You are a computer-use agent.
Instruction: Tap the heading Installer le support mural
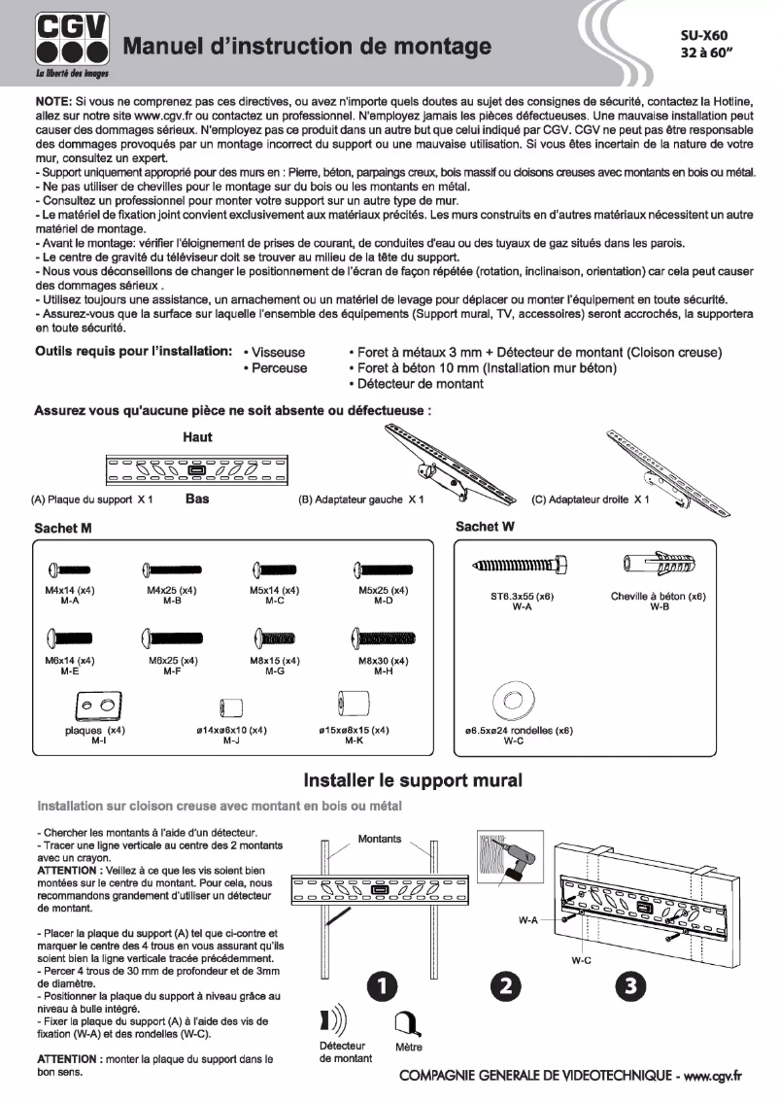coord(413,780)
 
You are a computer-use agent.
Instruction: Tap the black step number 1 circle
coord(383,986)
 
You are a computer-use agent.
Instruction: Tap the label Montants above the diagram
coord(379,839)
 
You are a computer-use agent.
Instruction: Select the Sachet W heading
coord(485,526)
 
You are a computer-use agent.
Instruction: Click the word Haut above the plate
coord(197,437)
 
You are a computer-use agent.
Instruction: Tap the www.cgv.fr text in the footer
coord(713,1076)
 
